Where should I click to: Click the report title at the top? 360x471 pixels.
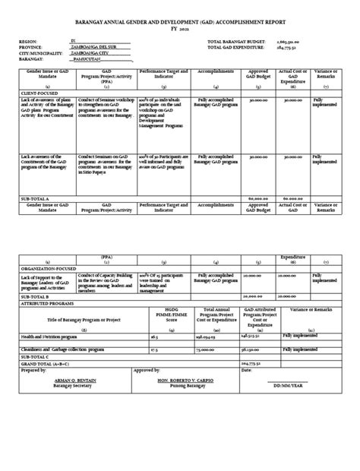tap(181, 24)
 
